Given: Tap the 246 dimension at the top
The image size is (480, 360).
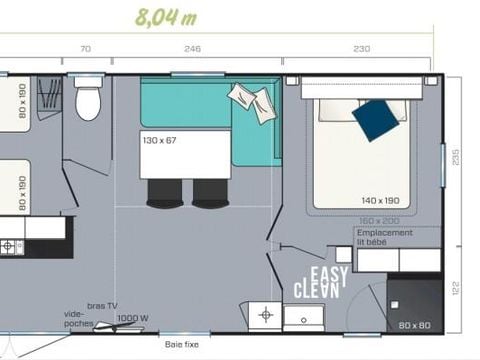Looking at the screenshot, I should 193,48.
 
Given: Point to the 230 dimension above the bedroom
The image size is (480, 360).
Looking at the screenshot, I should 361,48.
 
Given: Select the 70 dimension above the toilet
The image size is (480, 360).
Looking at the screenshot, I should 85,48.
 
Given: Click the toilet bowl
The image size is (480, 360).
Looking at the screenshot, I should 88,102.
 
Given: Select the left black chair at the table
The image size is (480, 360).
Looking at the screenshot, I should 166,192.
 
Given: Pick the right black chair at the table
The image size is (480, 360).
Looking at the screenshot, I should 211,192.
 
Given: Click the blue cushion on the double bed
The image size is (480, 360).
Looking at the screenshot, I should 376,119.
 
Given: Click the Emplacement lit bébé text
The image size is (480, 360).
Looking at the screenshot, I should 385,237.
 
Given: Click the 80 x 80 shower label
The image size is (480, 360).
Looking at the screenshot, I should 415,324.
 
